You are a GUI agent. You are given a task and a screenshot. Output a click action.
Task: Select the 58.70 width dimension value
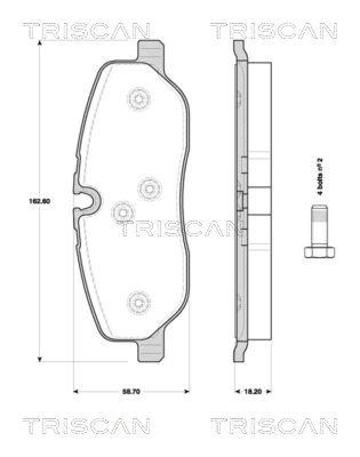coord(132,391)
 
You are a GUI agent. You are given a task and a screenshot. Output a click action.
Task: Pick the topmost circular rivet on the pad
coord(138,99)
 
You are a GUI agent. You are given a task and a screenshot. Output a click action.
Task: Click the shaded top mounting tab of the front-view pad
coord(150,53)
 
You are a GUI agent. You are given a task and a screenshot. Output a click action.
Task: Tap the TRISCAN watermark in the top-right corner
coord(274,31)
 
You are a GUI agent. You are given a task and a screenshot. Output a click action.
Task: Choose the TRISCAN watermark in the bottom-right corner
coord(274,426)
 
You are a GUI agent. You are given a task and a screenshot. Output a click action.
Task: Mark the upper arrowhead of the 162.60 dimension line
coord(39,45)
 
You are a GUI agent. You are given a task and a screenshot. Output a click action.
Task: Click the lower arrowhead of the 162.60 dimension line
coord(39,359)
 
